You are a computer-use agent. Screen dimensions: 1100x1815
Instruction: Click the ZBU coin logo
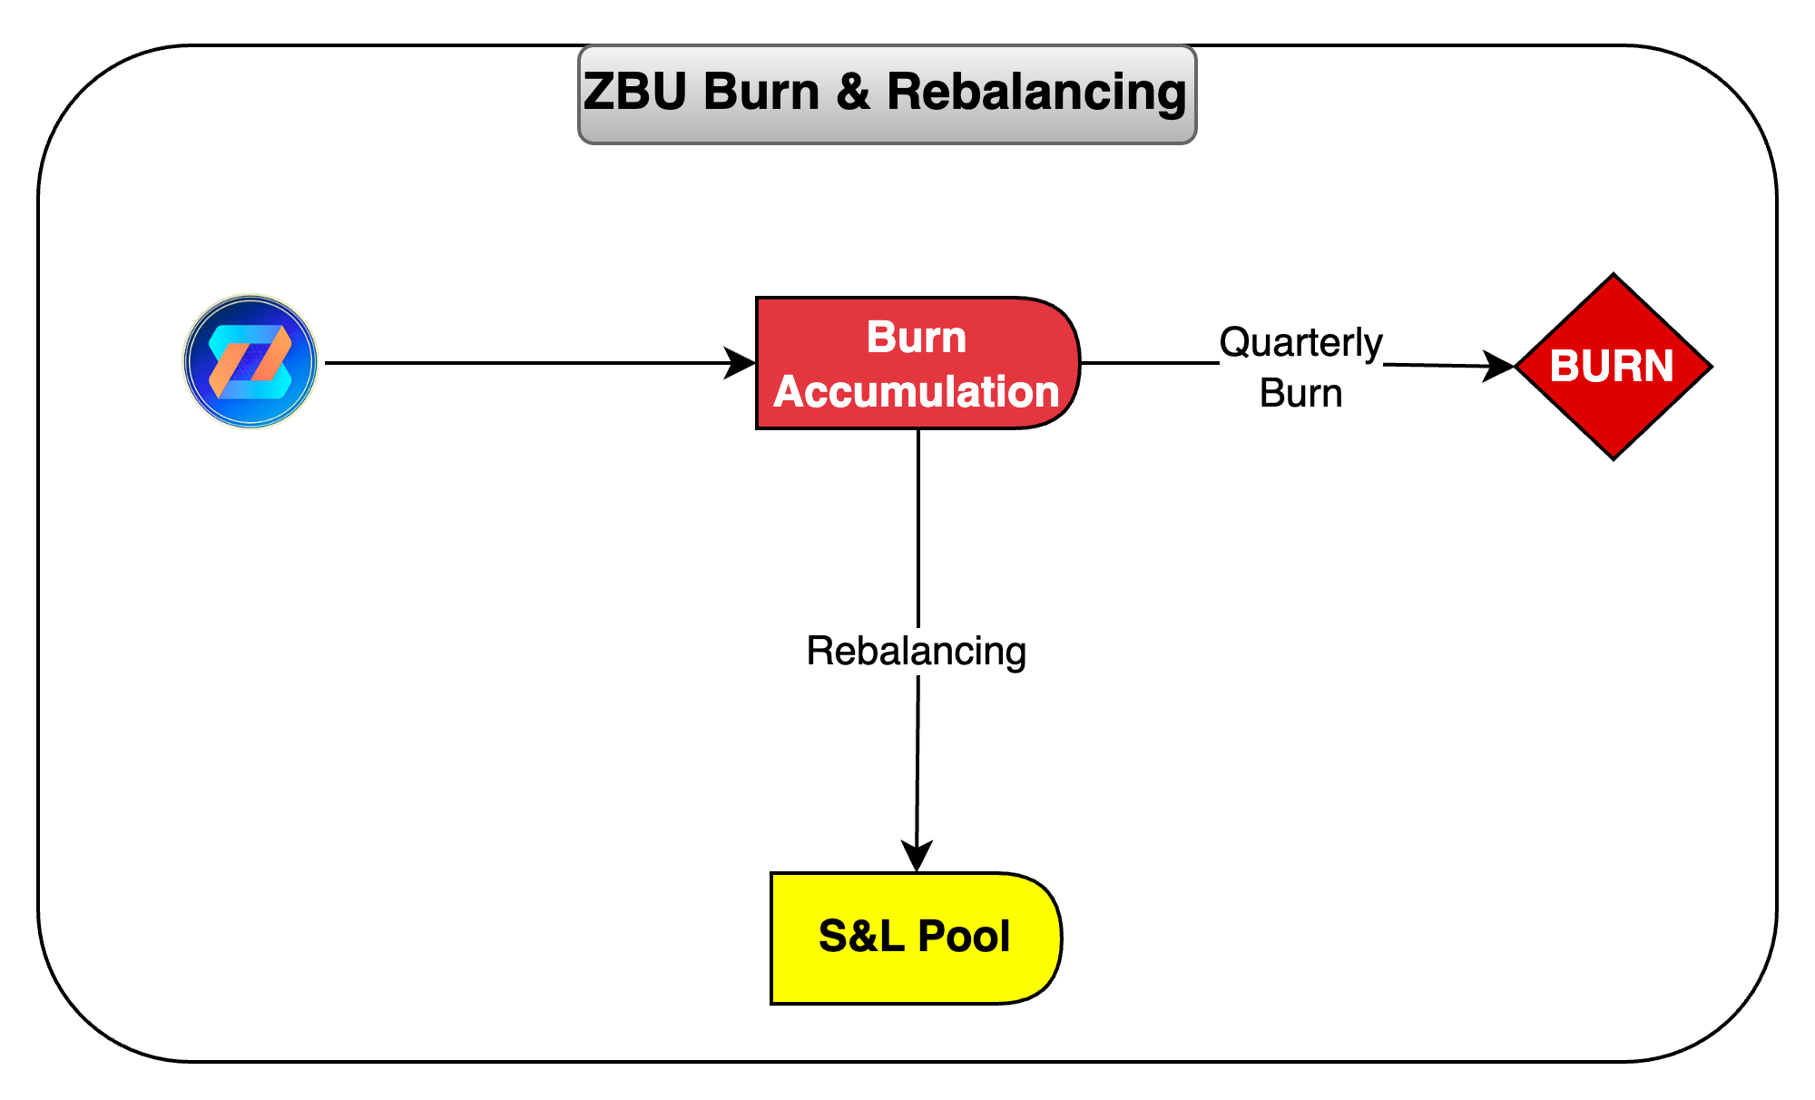[x=250, y=361]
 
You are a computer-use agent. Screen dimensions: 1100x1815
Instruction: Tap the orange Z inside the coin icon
[x=250, y=360]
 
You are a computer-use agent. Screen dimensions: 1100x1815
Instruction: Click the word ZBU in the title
[x=635, y=93]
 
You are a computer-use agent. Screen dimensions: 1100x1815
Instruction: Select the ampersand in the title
[x=852, y=93]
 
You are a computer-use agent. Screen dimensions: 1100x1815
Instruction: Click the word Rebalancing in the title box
[x=1035, y=93]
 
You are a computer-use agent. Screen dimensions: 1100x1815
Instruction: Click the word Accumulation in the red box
[x=917, y=392]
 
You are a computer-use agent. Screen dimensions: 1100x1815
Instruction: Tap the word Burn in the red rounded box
[x=917, y=338]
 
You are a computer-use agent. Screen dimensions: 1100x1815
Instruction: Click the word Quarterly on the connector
[x=1300, y=343]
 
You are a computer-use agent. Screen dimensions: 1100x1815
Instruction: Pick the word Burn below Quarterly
[x=1300, y=394]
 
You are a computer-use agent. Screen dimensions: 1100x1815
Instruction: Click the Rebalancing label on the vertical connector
[x=917, y=651]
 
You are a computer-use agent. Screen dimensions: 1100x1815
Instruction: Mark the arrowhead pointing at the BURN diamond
[x=1499, y=366]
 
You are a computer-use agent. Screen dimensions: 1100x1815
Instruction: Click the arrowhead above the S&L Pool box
[x=917, y=855]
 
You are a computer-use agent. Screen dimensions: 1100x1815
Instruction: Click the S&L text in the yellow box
[x=861, y=937]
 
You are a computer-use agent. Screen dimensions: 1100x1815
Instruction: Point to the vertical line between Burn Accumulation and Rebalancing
[x=918, y=526]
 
